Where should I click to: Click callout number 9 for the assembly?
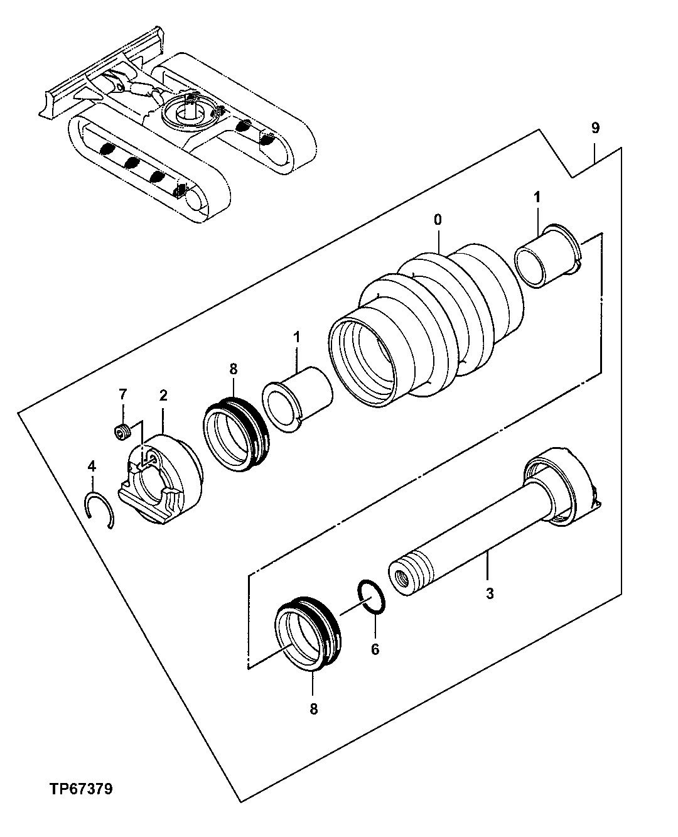coord(595,128)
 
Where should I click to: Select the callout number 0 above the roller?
coord(438,220)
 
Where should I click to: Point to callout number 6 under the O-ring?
coord(375,649)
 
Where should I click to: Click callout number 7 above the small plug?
coord(123,394)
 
